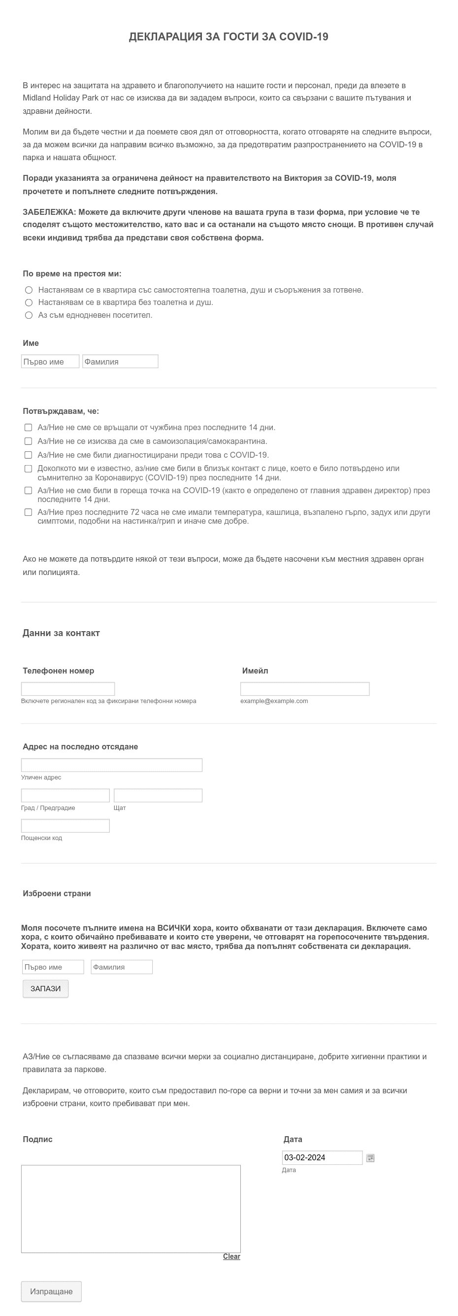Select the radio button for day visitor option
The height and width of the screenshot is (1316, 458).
pos(29,315)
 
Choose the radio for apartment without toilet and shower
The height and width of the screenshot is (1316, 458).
pos(29,303)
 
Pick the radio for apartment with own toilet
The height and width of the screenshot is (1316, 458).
pos(29,290)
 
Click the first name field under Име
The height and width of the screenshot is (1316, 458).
pos(50,362)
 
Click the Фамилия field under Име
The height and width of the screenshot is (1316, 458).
pos(120,362)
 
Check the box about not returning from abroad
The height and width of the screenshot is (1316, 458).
pos(29,428)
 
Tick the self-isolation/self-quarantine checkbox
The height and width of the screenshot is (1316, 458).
pos(29,441)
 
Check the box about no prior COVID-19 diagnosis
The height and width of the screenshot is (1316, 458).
pos(29,455)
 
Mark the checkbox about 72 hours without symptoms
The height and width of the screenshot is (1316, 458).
pos(29,512)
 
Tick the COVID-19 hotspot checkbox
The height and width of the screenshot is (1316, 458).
pos(29,491)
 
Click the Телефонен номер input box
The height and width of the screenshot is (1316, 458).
pos(68,689)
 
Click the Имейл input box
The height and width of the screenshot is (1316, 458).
pos(304,689)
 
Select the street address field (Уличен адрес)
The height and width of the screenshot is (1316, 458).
pos(111,765)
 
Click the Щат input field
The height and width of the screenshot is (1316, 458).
pos(158,795)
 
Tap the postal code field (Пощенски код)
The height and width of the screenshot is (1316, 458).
pos(65,826)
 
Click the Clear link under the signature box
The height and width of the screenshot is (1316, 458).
pos(231,1256)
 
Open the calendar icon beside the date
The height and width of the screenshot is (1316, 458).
pos(371,1158)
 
